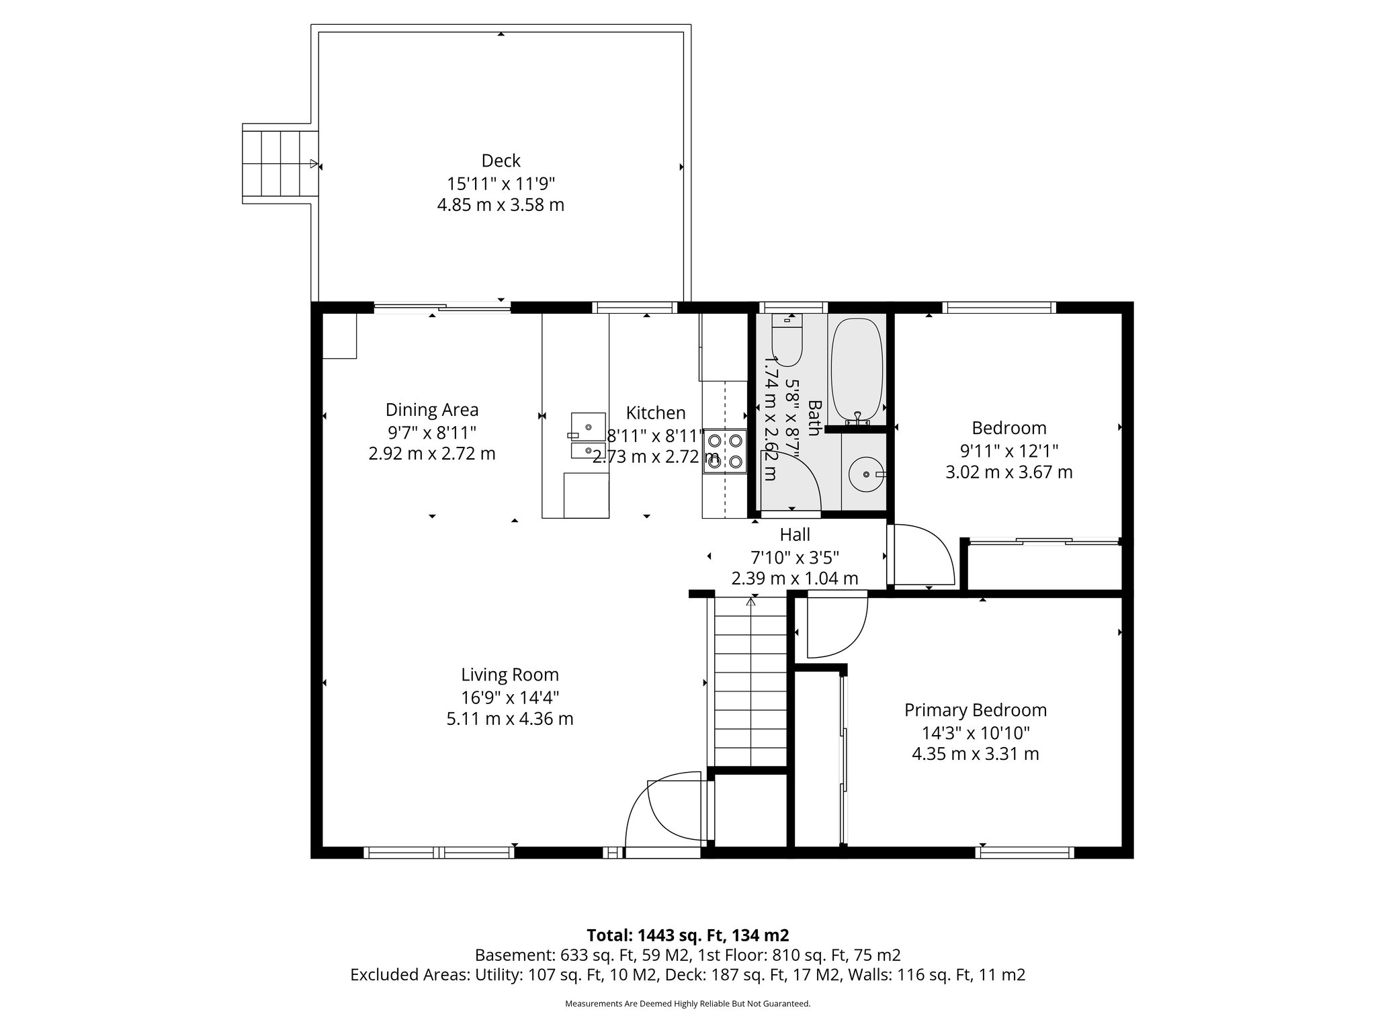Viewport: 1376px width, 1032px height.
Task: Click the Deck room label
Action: (501, 161)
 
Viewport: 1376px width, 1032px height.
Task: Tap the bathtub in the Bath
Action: (856, 370)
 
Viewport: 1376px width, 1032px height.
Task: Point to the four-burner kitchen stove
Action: (725, 451)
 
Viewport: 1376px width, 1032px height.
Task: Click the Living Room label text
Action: (509, 675)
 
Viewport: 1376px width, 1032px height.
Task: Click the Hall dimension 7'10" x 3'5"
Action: (794, 557)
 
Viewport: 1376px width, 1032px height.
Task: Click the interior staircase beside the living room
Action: (750, 682)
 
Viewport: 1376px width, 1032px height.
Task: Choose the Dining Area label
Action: (431, 409)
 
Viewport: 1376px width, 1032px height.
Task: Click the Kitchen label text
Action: (656, 413)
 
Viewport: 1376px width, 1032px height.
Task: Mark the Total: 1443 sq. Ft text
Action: (687, 935)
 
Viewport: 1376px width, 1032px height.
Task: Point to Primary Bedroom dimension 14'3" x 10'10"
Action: (976, 732)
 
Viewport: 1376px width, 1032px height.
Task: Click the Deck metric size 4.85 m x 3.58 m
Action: (501, 205)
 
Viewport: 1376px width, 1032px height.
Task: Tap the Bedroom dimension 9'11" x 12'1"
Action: (1009, 450)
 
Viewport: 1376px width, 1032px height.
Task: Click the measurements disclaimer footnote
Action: (687, 1004)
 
